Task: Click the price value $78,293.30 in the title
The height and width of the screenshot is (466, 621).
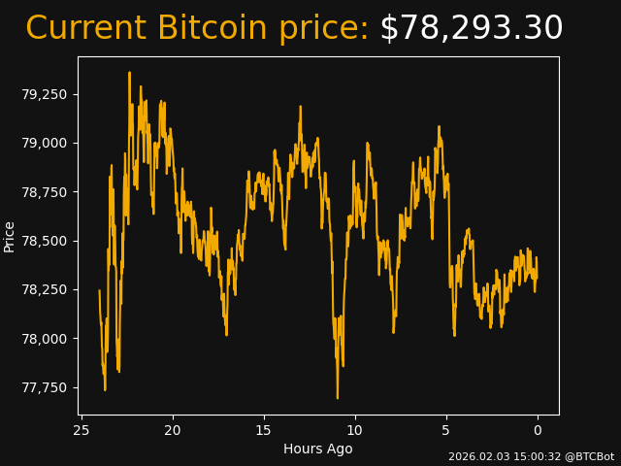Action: coord(471,29)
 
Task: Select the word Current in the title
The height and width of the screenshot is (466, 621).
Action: coord(86,29)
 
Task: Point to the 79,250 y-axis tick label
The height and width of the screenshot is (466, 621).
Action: coord(45,95)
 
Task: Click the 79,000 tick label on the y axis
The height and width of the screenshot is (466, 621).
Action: coord(45,144)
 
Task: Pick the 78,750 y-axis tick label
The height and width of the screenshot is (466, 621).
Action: coord(45,192)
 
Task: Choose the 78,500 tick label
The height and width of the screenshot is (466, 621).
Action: coord(45,241)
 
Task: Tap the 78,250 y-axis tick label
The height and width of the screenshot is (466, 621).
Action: coord(45,290)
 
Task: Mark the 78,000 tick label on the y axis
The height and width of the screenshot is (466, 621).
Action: coord(45,339)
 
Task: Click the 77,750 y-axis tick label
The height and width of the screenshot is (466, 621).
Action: coord(45,387)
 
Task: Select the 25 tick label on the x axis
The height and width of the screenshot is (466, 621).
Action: coord(82,430)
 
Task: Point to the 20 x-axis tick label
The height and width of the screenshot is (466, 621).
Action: coord(173,430)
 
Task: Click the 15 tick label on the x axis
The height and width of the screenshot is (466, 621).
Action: coord(264,430)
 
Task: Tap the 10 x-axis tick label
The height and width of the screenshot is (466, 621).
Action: coord(355,430)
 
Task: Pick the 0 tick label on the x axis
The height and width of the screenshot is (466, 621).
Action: coord(538,430)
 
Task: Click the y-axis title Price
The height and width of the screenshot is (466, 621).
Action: coord(10,236)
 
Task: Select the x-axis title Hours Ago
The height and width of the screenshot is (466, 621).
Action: coord(318,449)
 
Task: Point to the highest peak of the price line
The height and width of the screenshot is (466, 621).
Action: coord(129,73)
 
